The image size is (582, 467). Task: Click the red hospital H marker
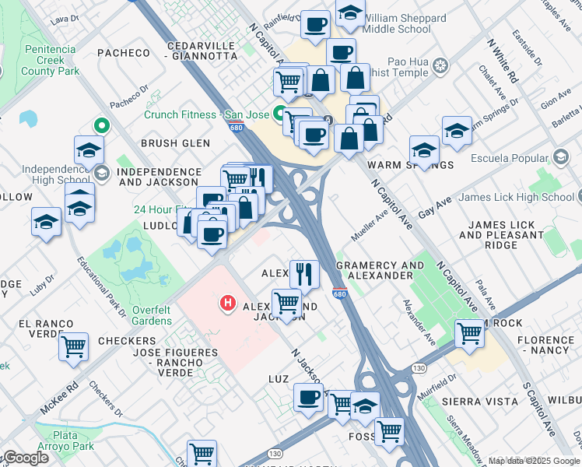(228, 302)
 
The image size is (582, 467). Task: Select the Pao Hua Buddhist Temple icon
(442, 64)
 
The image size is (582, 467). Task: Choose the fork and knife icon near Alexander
(303, 273)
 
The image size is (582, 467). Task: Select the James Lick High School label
(515, 198)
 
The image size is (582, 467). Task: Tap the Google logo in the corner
(26, 458)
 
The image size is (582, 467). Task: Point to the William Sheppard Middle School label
(397, 23)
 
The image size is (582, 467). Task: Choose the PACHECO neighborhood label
(123, 53)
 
